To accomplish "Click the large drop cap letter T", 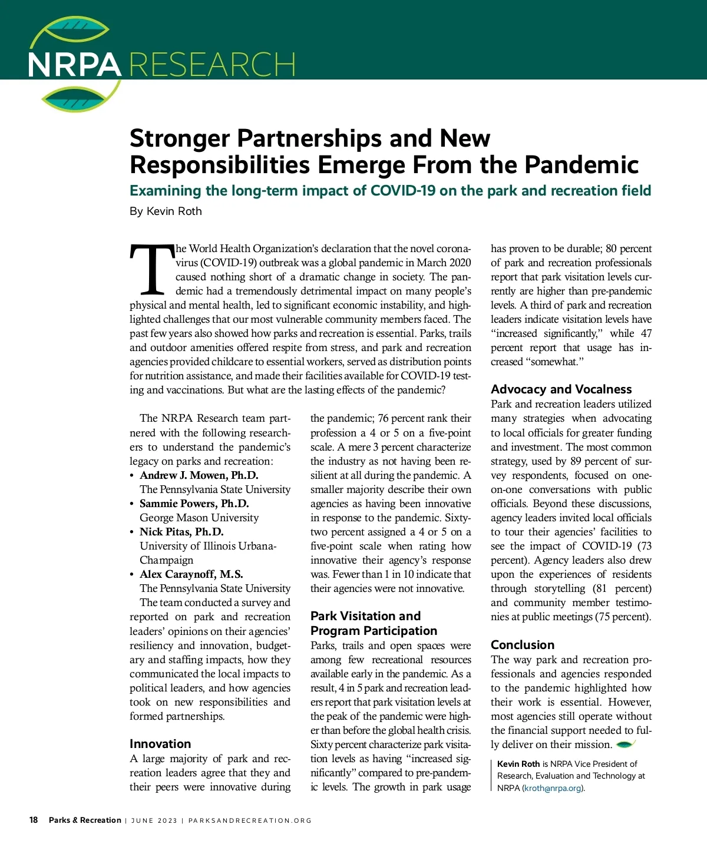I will (x=151, y=269).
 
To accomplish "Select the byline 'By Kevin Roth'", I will (x=166, y=211).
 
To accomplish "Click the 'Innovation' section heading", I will (x=160, y=744).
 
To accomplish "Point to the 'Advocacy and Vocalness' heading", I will (x=561, y=389).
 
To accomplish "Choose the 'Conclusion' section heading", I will (x=523, y=645).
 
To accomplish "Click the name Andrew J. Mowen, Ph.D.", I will (x=199, y=475).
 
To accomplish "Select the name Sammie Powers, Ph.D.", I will (x=194, y=504).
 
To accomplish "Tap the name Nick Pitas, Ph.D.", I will (x=181, y=532).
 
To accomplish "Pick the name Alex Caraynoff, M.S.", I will (x=191, y=574).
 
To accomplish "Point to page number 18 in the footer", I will (x=34, y=820).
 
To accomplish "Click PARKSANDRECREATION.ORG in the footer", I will (x=250, y=820).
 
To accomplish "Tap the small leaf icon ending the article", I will (x=625, y=744).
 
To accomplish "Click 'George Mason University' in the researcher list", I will (x=199, y=518).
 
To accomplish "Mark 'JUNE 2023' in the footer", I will (x=154, y=820).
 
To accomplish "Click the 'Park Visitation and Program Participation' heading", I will (x=374, y=623).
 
